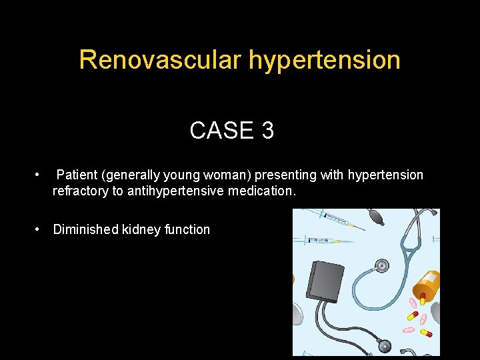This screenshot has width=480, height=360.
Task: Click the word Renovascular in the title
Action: click(x=161, y=60)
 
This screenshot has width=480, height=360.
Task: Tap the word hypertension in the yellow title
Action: click(x=325, y=60)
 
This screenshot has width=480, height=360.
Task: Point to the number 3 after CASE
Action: click(x=267, y=131)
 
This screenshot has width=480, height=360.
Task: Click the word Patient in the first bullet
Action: click(x=77, y=175)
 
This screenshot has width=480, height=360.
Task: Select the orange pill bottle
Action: click(x=427, y=287)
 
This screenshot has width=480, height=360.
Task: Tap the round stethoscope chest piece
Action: click(x=382, y=265)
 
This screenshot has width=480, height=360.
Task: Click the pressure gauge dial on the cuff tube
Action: click(x=384, y=345)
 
